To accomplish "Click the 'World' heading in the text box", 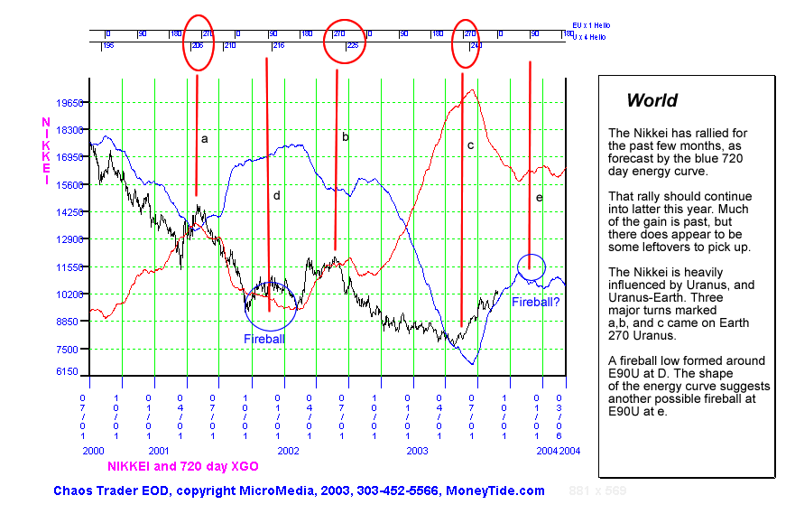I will pos(652,100).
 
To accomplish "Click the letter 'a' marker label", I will pos(205,139).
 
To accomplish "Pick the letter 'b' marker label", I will pos(345,137).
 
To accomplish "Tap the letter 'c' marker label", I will pos(470,145).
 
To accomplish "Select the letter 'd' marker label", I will pos(277,195).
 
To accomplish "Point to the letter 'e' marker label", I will pos(539,198).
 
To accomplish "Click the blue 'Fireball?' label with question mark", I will pos(536,302).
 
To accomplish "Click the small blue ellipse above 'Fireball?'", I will pos(532,266).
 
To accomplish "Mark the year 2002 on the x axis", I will pos(288,450).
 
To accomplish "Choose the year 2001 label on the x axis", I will pos(159,450).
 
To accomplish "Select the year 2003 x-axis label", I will pos(417,450).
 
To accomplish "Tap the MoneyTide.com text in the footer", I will pos(495,491).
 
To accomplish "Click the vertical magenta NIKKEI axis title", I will pos(45,151).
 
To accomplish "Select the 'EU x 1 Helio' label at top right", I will pos(591,26).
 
